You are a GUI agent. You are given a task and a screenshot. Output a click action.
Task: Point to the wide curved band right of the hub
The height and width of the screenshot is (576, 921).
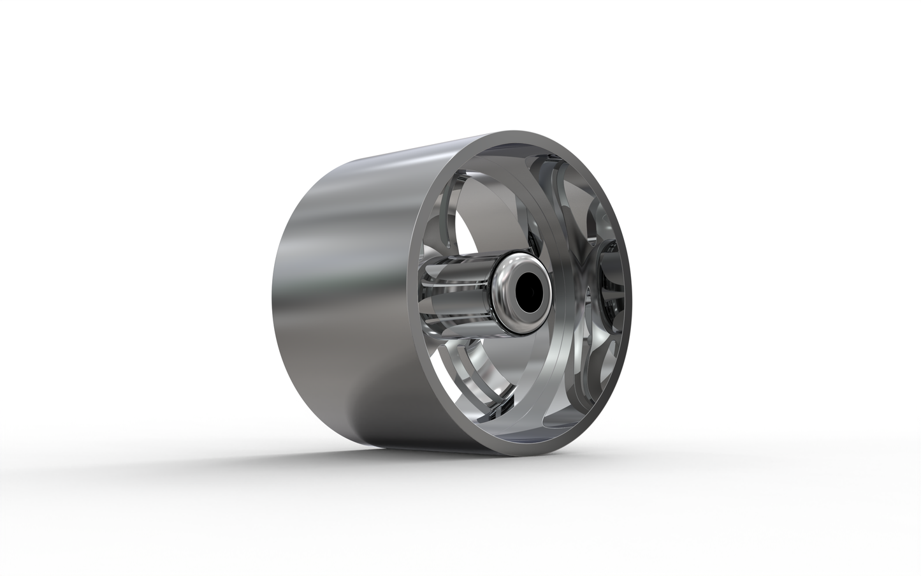click(561, 357)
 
